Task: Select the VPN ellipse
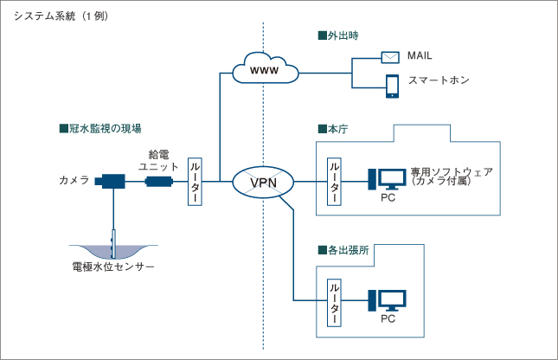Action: coord(263,182)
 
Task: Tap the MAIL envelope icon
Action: coord(391,56)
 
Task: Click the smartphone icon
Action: coord(391,84)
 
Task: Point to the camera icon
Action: coord(111,181)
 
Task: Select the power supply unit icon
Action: coord(159,181)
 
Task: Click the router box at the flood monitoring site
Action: coord(196,181)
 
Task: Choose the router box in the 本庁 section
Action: coord(333,181)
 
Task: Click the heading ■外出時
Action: coord(338,36)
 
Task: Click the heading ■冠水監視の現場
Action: coord(99,129)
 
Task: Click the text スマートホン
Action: coord(439,80)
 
